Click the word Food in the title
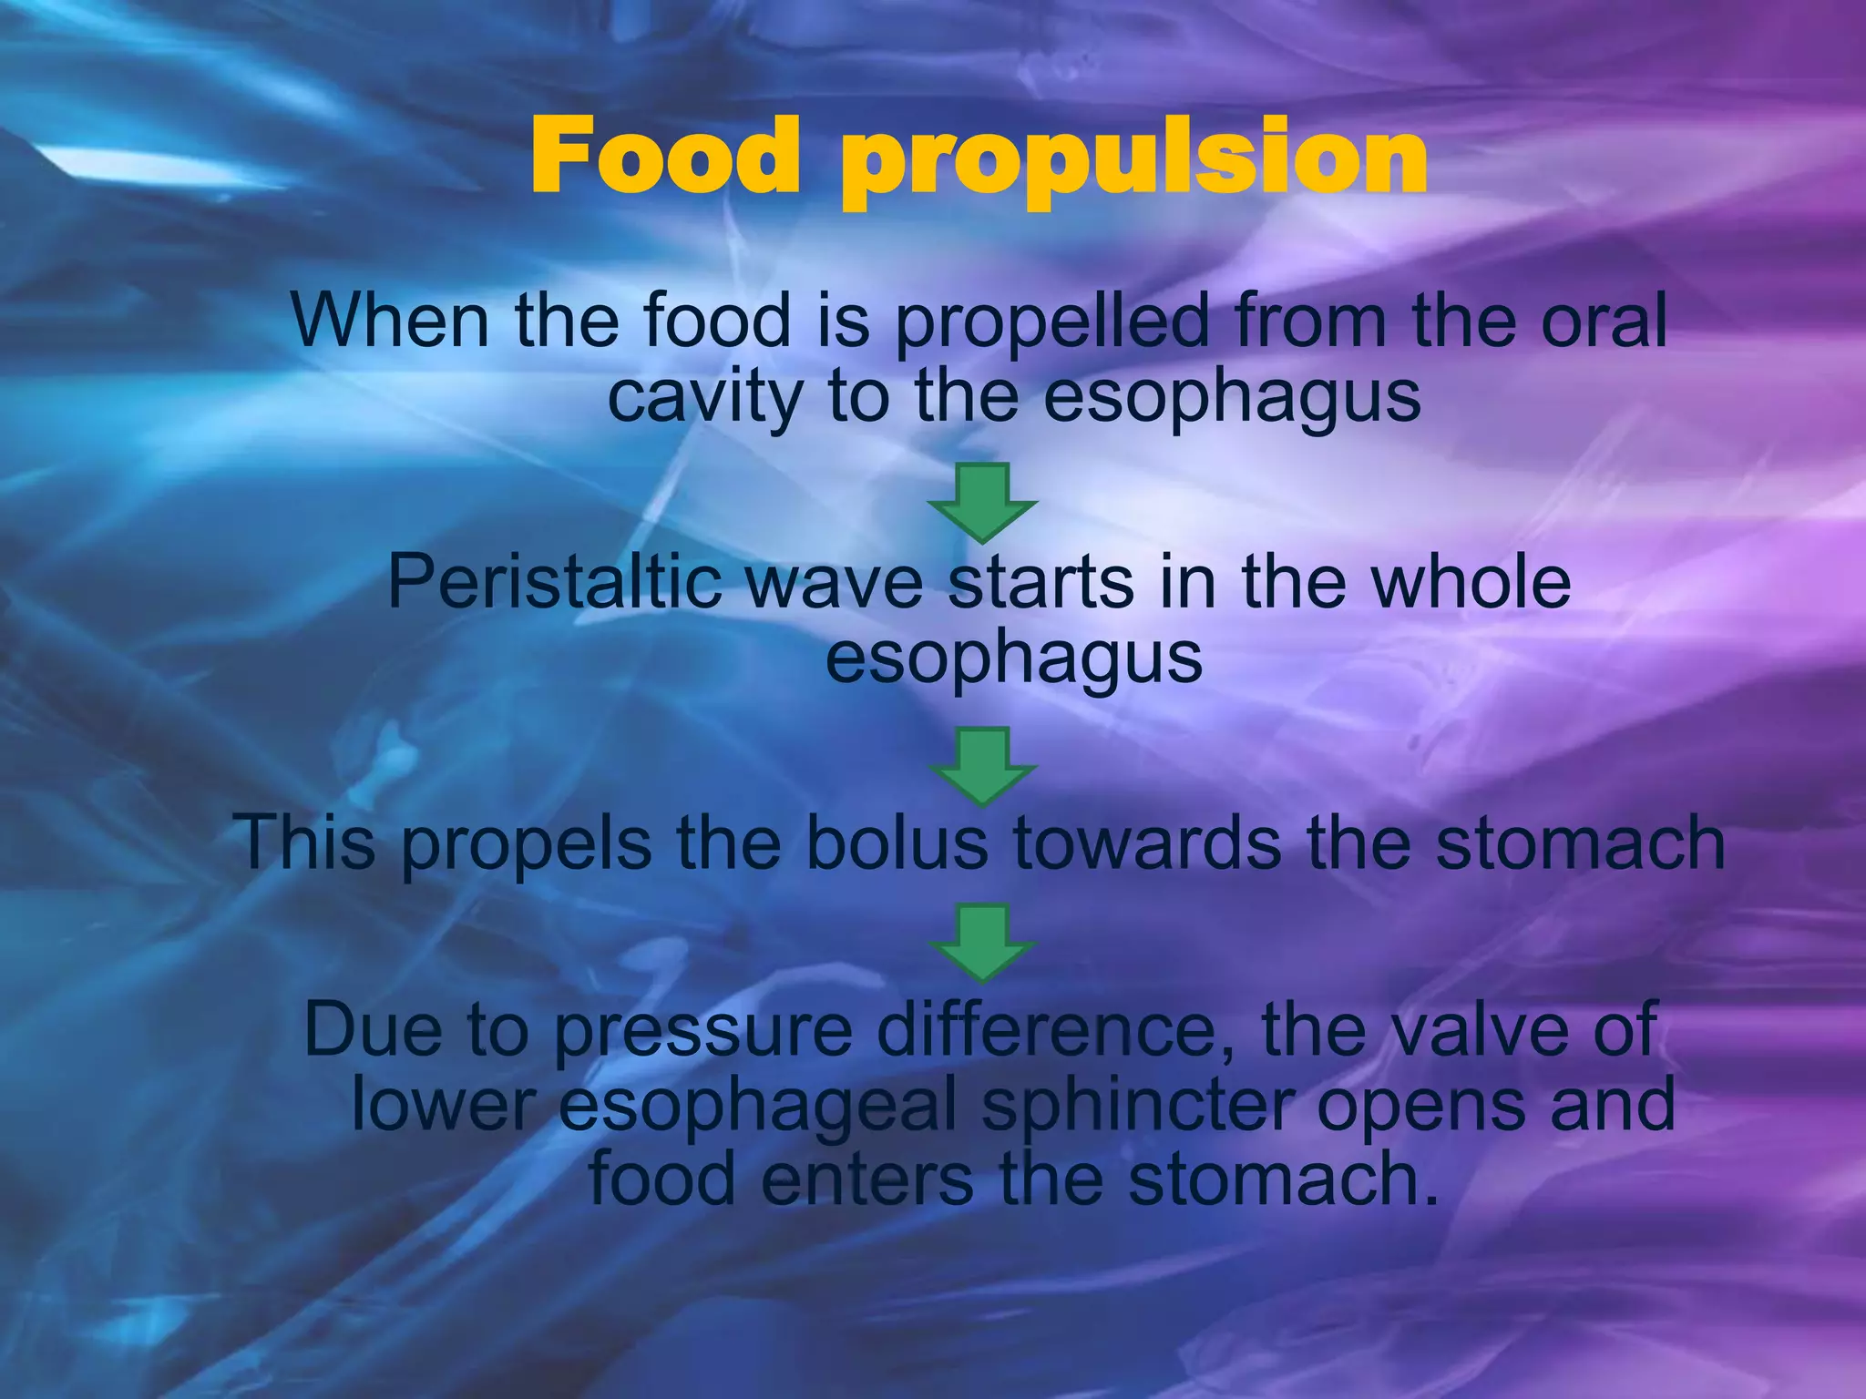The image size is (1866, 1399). click(x=664, y=157)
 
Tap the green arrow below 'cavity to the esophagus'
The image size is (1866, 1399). click(x=982, y=503)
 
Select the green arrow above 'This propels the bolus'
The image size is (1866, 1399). click(x=982, y=766)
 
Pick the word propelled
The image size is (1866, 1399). click(x=1052, y=324)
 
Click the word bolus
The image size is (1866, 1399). click(x=897, y=842)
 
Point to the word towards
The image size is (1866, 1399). click(x=1149, y=842)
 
